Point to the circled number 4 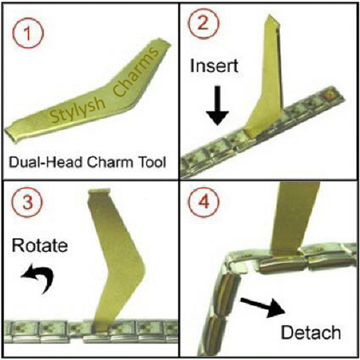(204, 202)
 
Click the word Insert (214, 66)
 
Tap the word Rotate (40, 245)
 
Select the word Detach (311, 333)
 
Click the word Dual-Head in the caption (45, 162)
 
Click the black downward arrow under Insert (217, 106)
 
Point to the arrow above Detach (263, 307)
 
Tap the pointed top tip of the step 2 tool (269, 16)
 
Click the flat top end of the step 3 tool (99, 191)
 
